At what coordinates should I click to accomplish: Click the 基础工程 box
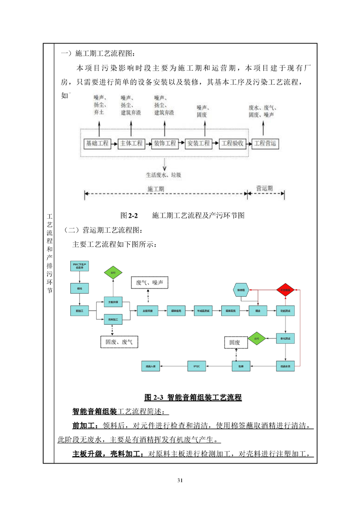[98, 143]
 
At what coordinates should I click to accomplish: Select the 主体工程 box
[131, 143]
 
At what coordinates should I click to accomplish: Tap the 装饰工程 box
[164, 143]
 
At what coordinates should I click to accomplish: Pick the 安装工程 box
[198, 143]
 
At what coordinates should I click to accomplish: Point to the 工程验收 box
[232, 143]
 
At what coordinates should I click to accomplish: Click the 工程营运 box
[265, 143]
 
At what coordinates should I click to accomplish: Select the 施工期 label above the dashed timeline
[156, 188]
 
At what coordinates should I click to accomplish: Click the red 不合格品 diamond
[285, 289]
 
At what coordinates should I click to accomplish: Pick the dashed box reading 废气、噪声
[149, 283]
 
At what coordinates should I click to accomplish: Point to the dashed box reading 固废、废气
[119, 342]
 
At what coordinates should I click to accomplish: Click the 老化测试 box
[285, 338]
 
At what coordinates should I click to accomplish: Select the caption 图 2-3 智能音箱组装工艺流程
[192, 398]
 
